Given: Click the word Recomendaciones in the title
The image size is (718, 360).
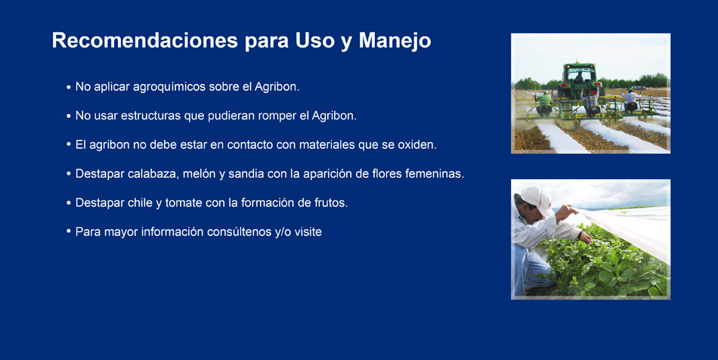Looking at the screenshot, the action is pyautogui.click(x=144, y=40).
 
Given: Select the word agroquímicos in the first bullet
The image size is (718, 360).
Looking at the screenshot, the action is pyautogui.click(x=169, y=87).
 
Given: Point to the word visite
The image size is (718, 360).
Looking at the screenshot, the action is pyautogui.click(x=308, y=231).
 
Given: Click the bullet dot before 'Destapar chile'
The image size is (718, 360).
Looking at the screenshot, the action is pyautogui.click(x=68, y=203).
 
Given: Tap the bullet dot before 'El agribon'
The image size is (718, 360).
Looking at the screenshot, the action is pyautogui.click(x=68, y=144).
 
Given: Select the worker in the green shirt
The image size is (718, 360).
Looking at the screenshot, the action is pyautogui.click(x=544, y=104).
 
